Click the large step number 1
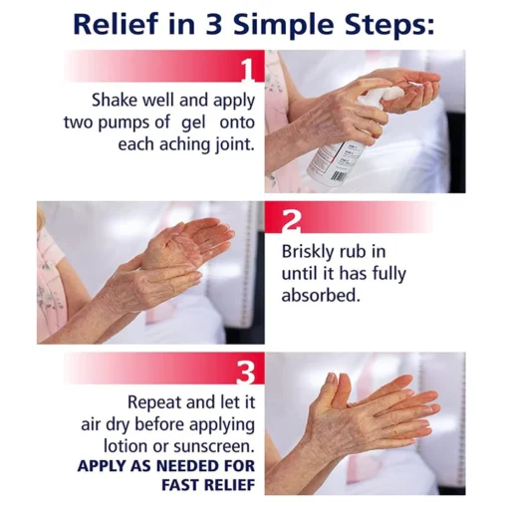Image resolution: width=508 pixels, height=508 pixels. pyautogui.click(x=247, y=71)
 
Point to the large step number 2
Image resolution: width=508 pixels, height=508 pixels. pyautogui.click(x=291, y=222)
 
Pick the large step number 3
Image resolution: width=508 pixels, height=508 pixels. pyautogui.click(x=247, y=373)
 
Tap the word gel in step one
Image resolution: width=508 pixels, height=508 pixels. pyautogui.click(x=193, y=124)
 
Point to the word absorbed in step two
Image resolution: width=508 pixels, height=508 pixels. pyautogui.click(x=321, y=295)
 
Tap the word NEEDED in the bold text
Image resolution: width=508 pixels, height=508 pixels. pyautogui.click(x=188, y=466)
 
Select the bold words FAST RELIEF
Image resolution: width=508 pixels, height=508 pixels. pyautogui.click(x=208, y=485)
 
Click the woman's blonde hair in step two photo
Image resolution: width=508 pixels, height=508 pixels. pyautogui.click(x=41, y=217)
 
